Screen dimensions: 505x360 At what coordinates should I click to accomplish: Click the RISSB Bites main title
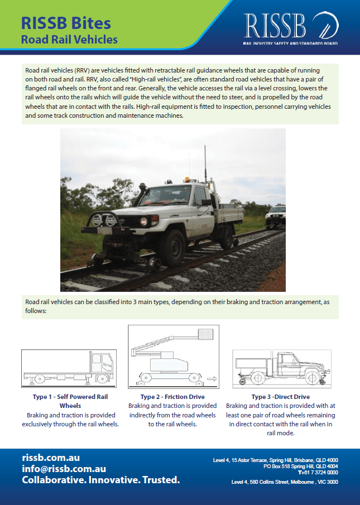coord(66,23)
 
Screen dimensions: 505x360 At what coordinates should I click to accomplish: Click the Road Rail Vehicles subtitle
coord(69,40)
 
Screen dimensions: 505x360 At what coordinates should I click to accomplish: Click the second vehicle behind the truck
coord(276,217)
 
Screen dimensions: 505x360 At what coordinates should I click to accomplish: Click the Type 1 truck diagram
coord(69,368)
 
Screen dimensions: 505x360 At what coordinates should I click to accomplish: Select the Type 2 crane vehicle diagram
coord(170,357)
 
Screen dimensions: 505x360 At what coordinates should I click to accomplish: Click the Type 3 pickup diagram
coord(281,368)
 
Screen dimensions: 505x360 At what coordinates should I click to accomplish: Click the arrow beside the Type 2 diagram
coord(212,378)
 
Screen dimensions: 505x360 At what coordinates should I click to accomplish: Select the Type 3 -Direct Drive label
coord(281,397)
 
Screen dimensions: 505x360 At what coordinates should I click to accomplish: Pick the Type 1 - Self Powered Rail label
coord(70,397)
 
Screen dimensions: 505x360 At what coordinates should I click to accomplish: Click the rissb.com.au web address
coord(51,458)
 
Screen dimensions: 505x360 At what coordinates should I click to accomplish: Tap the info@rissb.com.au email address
coord(64,469)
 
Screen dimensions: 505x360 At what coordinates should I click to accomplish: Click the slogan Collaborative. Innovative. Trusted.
coord(100,480)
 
